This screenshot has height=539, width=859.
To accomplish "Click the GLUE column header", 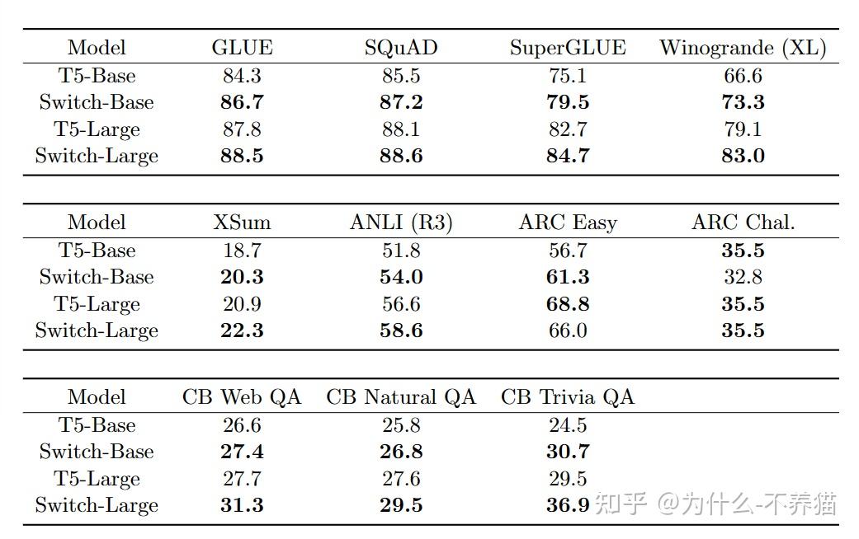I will tap(242, 48).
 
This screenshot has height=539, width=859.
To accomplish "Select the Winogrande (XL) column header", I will tap(743, 48).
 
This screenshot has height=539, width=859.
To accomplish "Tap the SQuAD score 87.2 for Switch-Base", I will tap(401, 102).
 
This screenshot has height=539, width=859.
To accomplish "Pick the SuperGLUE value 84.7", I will tap(568, 156).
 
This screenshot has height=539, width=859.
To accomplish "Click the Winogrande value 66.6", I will tap(743, 76).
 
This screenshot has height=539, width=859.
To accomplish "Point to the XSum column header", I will tap(242, 223).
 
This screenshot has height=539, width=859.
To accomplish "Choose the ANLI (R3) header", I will tap(401, 223).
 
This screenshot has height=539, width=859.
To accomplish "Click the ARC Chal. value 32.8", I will tap(743, 277).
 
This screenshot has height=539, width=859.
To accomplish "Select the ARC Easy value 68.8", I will tap(568, 304).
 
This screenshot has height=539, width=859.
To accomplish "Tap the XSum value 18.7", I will tap(242, 251).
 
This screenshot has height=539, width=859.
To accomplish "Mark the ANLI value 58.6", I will tap(401, 330).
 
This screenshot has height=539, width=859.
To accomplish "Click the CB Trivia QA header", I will tap(568, 397).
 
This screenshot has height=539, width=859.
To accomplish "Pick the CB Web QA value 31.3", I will tap(242, 505).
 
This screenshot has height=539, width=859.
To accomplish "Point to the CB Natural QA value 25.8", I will tap(401, 425).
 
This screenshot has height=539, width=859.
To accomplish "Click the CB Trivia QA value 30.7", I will tap(568, 452).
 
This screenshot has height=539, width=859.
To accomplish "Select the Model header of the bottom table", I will tap(97, 397).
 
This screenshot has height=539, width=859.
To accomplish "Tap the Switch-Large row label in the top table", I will tap(97, 156).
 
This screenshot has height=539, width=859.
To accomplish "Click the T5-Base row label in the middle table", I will tap(97, 251).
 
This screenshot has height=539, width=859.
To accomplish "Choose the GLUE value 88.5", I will tap(242, 156).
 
